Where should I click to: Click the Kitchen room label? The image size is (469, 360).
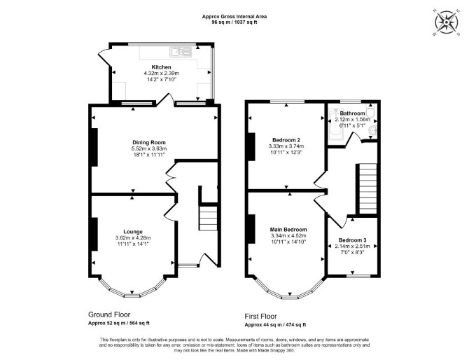[x=161, y=67]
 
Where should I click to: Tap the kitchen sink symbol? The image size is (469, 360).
[x=181, y=52]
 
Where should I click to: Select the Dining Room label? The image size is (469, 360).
[x=149, y=142]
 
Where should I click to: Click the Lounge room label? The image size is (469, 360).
[x=133, y=232]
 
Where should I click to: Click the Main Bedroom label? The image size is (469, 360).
[x=288, y=230]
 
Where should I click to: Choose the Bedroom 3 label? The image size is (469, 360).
[x=352, y=240]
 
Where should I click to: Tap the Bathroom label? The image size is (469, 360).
[x=352, y=113]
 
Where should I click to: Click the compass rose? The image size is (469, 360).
[x=447, y=22]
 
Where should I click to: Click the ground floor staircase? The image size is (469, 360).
[x=208, y=218]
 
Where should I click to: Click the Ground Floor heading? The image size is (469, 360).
[x=109, y=314]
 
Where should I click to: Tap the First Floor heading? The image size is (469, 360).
[x=261, y=316]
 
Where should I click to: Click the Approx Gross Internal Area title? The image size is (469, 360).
[x=234, y=17]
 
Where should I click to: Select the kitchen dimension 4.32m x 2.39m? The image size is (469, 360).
[x=162, y=74]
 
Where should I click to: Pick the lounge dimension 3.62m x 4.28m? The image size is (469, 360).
[x=133, y=238]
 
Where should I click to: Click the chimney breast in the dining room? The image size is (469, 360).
[x=94, y=147]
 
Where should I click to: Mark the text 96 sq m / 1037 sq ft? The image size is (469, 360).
[x=234, y=22]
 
